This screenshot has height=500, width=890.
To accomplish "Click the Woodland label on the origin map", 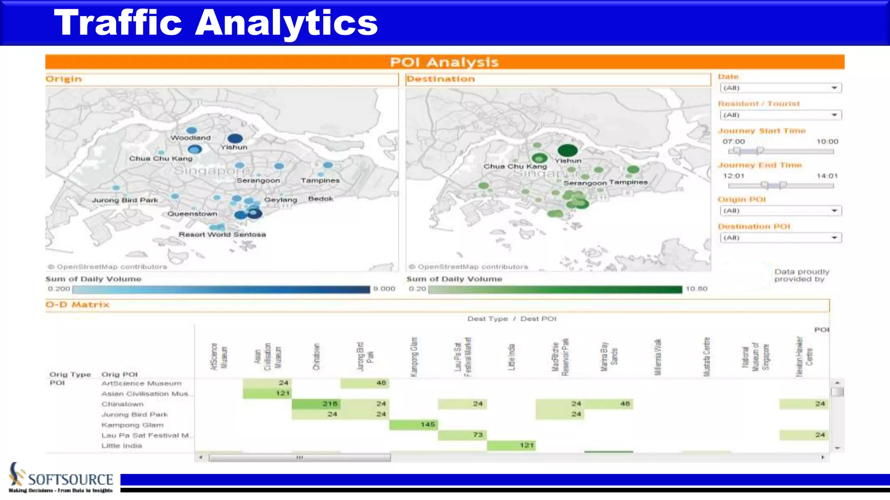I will point(190,138).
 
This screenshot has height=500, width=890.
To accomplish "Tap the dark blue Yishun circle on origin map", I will point(235,138).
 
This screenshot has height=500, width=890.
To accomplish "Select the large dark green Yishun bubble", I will point(568,150).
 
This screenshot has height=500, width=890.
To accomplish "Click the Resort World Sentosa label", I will point(222,234).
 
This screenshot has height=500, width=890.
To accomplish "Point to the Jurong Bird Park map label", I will point(125,200).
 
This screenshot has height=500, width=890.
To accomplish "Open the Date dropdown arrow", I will point(834,88).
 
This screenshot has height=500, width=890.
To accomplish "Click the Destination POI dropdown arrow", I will point(834,238).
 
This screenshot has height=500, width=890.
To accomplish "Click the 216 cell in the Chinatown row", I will point(316,404).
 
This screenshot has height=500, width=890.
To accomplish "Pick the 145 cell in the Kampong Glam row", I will point(413,424).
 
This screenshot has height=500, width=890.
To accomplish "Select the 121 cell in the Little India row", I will point(511,445).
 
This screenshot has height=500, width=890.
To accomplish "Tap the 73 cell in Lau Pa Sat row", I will point(462,435).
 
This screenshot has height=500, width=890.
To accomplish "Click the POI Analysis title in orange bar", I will point(444,62).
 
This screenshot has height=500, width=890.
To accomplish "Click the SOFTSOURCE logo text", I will point(70,480).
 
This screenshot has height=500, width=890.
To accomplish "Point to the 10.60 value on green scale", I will point(696,289).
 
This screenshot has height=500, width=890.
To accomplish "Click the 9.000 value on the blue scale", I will point(384,289).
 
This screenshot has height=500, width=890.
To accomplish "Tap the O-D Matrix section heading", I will point(77,305).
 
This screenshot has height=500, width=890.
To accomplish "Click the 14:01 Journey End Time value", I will point(827,176).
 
